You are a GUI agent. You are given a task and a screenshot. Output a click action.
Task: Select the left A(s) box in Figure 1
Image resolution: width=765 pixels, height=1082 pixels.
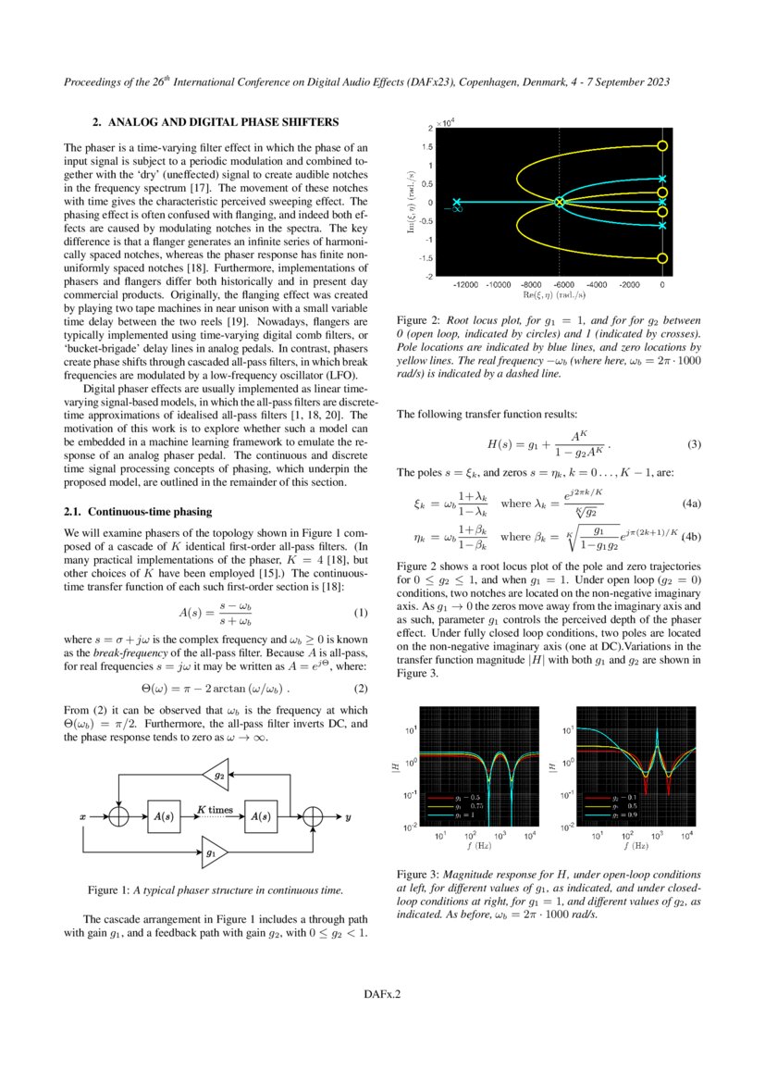[163, 817]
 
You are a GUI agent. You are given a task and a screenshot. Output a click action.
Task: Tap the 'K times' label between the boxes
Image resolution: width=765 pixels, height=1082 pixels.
[214, 810]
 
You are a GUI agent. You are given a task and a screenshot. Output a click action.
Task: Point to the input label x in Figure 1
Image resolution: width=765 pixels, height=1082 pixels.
[83, 818]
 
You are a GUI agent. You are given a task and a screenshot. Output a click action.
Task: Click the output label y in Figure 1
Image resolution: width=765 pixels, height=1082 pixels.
[348, 818]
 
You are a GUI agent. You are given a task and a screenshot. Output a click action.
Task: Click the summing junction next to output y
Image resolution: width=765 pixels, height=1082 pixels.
[315, 817]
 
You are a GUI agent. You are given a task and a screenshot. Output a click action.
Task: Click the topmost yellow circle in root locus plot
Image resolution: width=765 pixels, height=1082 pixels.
[661, 146]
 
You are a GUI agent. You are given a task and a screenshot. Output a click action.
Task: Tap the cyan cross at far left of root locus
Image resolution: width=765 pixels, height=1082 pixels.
[456, 202]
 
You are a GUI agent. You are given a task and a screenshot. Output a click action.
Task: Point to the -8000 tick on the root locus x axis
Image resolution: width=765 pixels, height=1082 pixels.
[531, 284]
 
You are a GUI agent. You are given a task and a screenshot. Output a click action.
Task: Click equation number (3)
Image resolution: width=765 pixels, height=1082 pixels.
[695, 444]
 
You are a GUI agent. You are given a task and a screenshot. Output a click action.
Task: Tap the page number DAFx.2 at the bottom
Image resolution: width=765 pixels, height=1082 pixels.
[382, 995]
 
